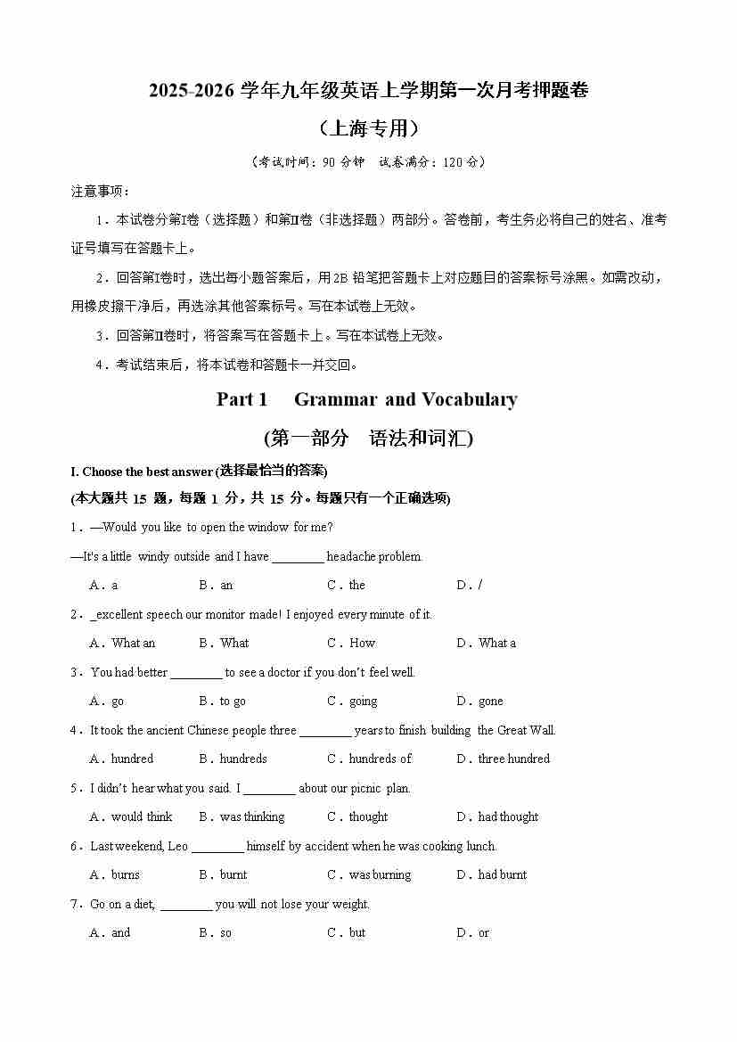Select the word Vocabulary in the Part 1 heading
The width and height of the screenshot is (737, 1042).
tap(469, 399)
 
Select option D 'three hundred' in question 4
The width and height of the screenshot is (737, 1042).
tap(504, 759)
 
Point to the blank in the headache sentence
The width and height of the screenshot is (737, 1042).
tap(298, 557)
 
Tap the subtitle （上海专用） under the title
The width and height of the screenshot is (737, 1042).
tap(368, 128)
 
